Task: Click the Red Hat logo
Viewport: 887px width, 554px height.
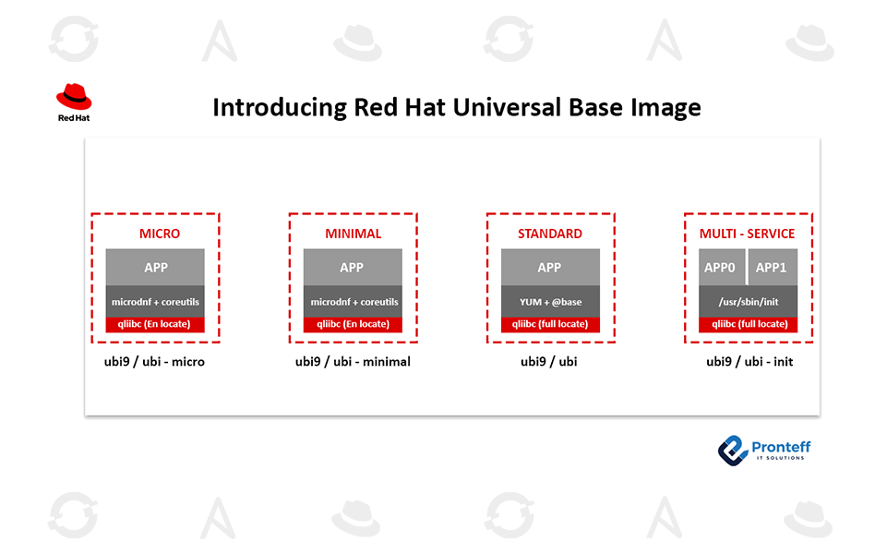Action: coord(74,102)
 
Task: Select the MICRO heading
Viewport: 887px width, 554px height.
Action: coord(155,234)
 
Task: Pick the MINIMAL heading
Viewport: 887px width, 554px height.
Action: coord(353,234)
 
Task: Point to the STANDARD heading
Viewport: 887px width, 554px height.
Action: coord(550,234)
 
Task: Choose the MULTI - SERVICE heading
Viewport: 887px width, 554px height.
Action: coord(748,234)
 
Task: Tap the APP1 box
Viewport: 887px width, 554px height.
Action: coord(772,267)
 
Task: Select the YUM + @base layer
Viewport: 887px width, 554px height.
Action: coord(550,302)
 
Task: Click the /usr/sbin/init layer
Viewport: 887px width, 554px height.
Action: coord(748,302)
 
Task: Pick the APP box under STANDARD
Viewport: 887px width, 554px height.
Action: coord(550,267)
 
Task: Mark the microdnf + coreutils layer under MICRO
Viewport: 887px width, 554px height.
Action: coord(155,302)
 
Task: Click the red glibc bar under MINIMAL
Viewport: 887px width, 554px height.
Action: coord(353,324)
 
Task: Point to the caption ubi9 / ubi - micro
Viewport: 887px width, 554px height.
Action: coord(155,361)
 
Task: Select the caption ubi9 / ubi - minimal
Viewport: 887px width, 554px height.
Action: coord(353,361)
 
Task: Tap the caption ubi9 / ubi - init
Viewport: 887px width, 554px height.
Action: coord(749,361)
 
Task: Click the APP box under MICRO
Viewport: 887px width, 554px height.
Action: coord(155,267)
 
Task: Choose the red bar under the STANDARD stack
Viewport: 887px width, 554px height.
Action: coord(550,324)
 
